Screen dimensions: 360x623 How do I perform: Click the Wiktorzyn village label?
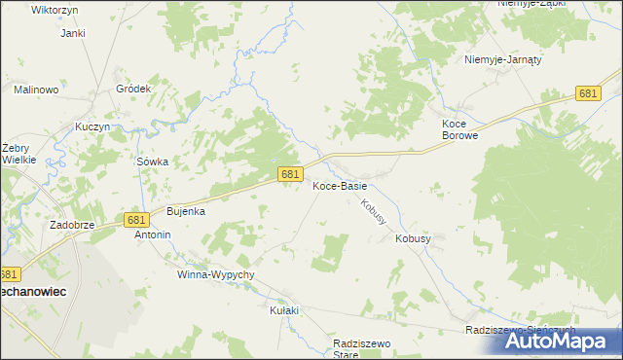click(x=27, y=9)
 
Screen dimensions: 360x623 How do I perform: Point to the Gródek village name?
click(x=133, y=89)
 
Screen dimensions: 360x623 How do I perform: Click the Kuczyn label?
click(x=89, y=128)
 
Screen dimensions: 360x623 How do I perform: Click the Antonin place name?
click(x=152, y=234)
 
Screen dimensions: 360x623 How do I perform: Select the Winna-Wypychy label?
click(x=215, y=275)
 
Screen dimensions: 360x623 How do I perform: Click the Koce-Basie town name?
click(x=339, y=186)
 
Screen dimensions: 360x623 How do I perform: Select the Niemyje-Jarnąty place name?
click(x=502, y=58)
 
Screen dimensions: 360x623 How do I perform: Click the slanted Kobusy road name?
click(x=373, y=212)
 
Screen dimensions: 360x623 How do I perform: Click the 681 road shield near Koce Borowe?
click(x=587, y=93)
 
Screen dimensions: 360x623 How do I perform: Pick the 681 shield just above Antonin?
click(x=135, y=221)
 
